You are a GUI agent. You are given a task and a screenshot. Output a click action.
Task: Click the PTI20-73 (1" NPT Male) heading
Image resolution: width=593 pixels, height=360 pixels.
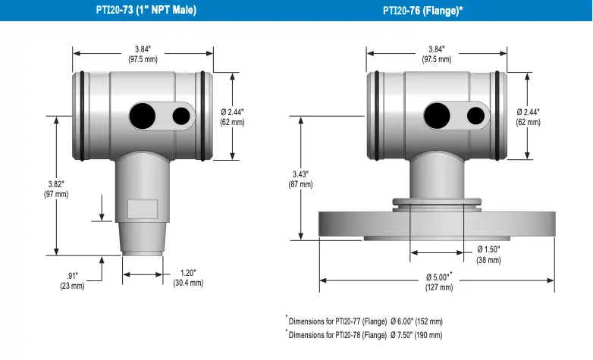pos(146,10)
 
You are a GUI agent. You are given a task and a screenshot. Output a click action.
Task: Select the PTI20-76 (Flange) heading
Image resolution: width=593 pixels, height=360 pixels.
pos(423,11)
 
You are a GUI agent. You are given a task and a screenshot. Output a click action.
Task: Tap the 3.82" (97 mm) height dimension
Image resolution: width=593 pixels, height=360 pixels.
pos(56,189)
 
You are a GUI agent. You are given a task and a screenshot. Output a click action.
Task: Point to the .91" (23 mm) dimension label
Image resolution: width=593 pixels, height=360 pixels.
pos(72,281)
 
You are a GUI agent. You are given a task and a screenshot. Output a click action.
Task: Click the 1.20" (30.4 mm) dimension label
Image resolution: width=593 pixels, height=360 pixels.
pos(188,278)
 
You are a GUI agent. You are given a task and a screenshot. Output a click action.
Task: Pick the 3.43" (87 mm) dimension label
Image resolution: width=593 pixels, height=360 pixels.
pos(300,180)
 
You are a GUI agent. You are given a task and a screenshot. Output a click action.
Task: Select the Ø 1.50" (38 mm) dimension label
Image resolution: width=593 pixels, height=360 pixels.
pos(488,255)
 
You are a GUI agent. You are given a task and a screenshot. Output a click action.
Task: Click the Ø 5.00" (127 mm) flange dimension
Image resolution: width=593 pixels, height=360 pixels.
pos(439,282)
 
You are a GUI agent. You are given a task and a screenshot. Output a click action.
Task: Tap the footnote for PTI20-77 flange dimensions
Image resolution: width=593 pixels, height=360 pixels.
pos(364,321)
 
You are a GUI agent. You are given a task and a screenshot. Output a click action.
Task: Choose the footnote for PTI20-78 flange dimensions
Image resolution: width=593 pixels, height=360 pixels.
pos(364,334)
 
